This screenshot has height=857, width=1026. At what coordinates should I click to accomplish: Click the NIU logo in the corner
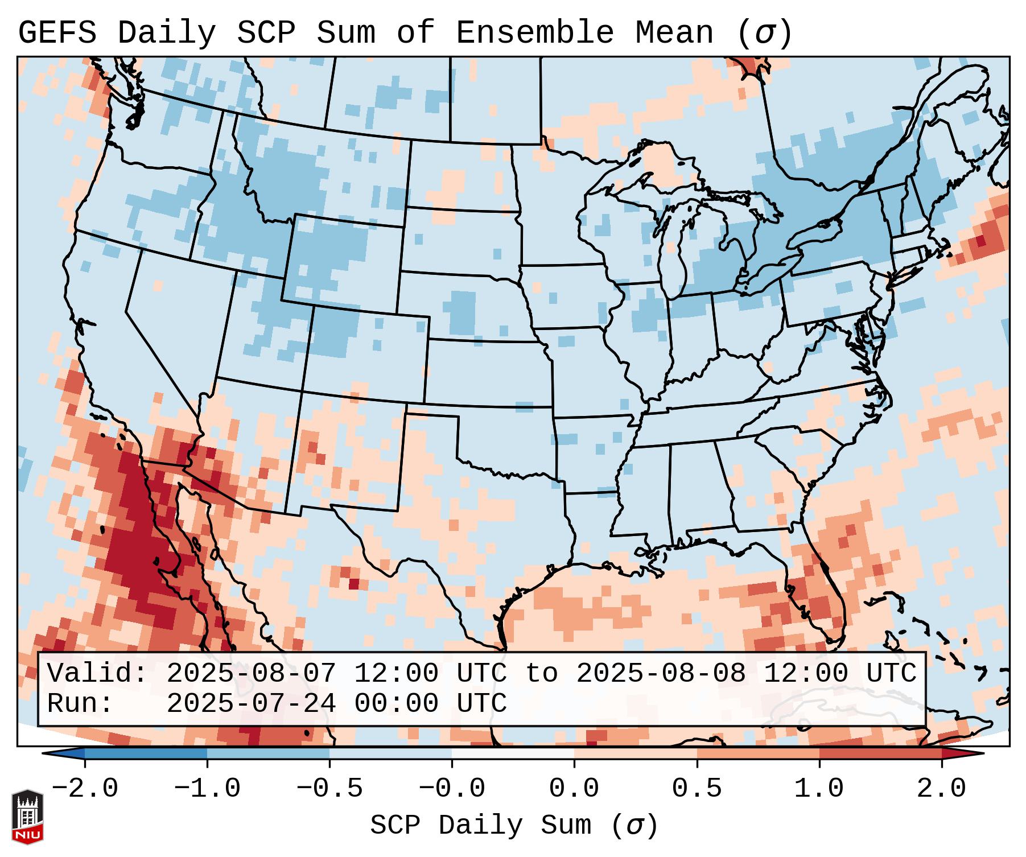(x=27, y=817)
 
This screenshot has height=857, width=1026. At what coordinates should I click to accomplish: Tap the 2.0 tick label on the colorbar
(x=941, y=789)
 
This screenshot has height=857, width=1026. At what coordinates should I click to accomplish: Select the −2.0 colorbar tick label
(x=85, y=789)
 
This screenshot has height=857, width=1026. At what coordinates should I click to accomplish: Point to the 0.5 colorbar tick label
(x=697, y=789)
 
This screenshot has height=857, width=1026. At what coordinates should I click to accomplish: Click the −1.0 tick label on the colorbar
(x=207, y=789)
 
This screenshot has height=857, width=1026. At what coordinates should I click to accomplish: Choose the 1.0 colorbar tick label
(x=819, y=789)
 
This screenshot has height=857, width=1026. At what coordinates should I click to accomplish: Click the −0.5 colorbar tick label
(x=329, y=789)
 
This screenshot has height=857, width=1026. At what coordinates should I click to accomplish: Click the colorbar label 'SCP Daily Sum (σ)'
(x=514, y=826)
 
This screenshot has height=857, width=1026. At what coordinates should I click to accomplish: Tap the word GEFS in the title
(x=57, y=33)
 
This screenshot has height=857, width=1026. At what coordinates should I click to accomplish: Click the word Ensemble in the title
(x=534, y=33)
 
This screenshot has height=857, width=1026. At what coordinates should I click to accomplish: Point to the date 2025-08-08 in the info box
(x=661, y=673)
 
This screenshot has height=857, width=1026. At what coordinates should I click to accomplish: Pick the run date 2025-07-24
(x=251, y=703)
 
